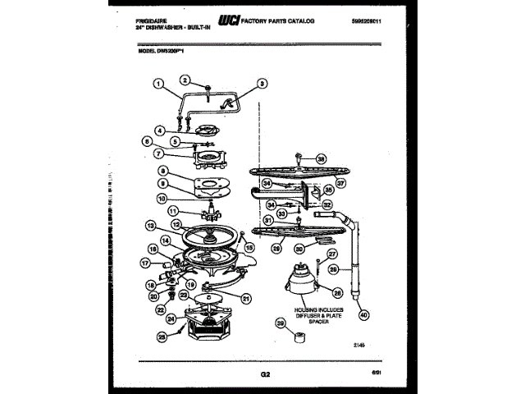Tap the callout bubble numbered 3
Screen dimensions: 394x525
262,83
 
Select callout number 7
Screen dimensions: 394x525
158,153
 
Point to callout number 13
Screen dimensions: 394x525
151,225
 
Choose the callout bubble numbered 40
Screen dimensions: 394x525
363,312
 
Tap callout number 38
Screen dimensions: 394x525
321,159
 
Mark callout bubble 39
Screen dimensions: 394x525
282,325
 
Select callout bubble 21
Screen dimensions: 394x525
245,299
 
